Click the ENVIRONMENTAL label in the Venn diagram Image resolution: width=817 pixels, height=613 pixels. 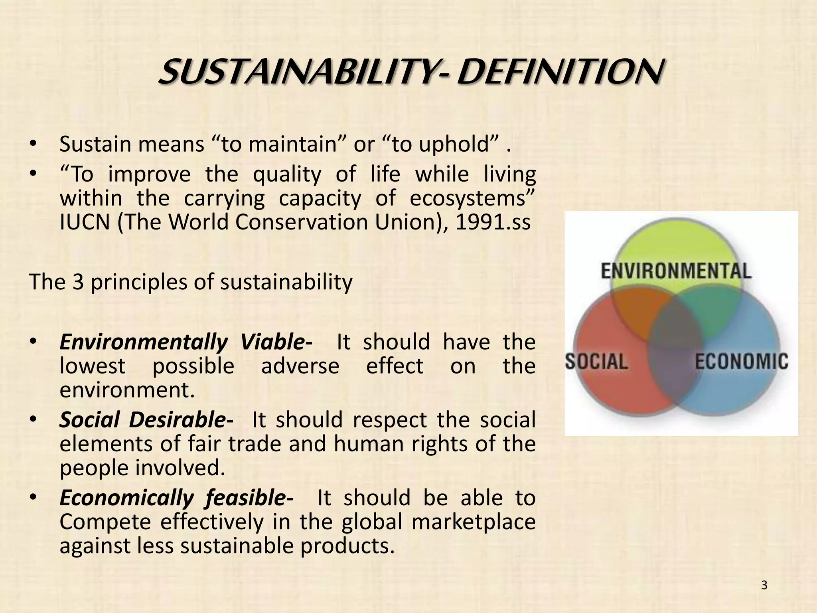(x=676, y=271)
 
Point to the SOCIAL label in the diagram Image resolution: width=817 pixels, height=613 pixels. (x=597, y=362)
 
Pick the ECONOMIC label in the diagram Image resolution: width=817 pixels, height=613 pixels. (x=742, y=362)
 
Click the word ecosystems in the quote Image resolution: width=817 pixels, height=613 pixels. (x=472, y=199)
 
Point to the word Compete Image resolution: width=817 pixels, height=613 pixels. (x=105, y=522)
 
